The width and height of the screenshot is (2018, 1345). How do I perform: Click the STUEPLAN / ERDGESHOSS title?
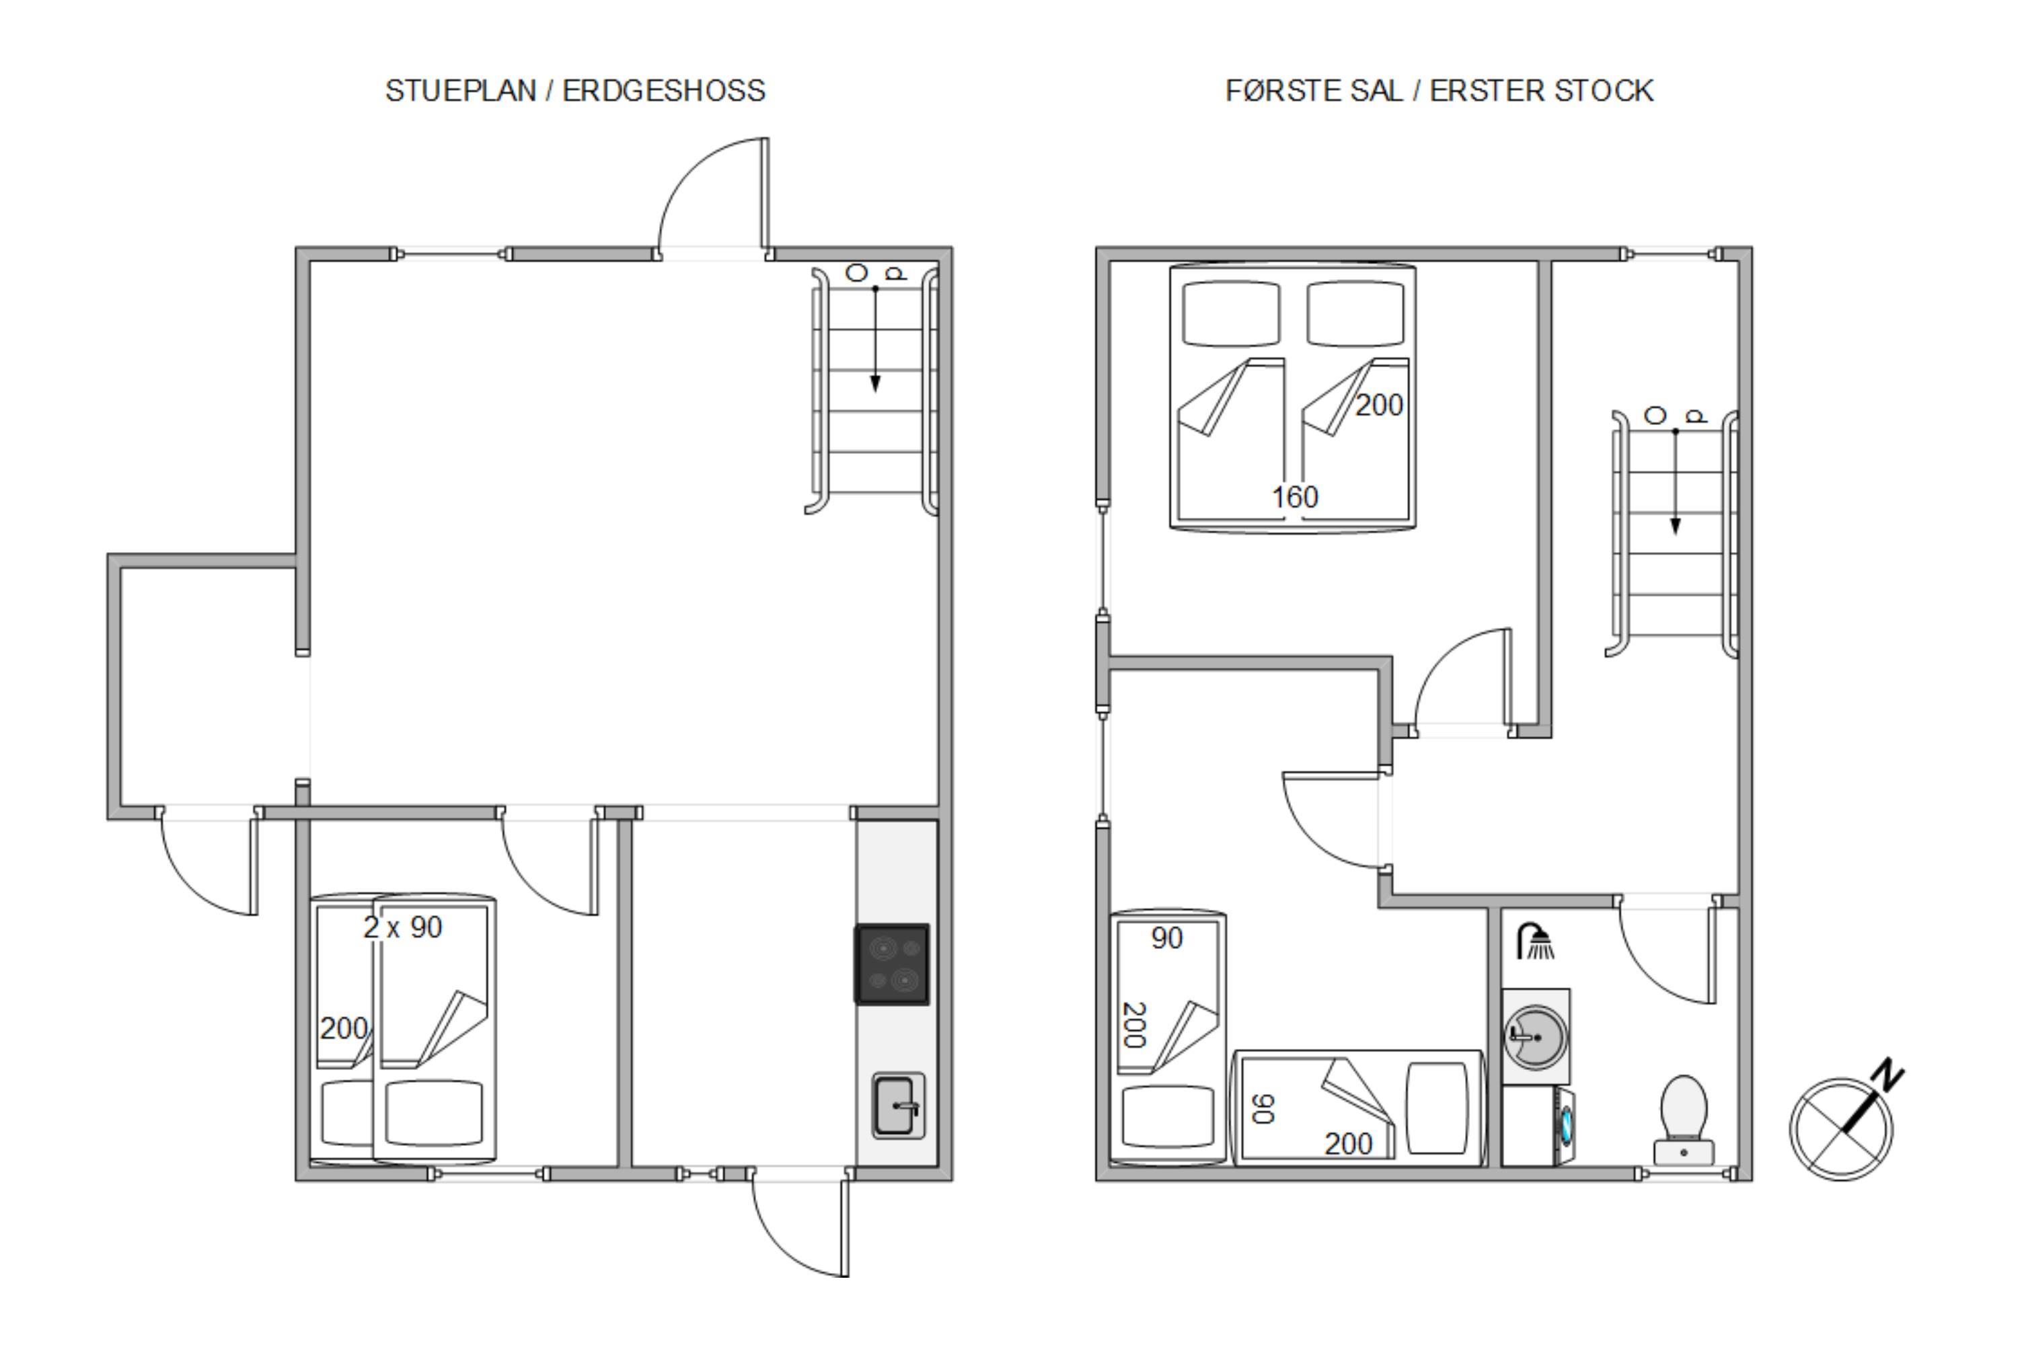point(575,91)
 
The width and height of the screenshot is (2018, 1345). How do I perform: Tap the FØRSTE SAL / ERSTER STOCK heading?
point(1439,91)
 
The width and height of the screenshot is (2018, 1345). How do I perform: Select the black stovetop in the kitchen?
point(891,963)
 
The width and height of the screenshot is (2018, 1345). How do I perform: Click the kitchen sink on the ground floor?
point(897,1106)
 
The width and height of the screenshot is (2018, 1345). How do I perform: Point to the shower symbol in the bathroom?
point(1536,941)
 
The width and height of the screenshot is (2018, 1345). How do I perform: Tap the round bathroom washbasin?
point(1536,1037)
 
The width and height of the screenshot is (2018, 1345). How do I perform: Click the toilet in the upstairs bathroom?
point(1684,1120)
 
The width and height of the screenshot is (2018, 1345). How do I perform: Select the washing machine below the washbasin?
point(1538,1127)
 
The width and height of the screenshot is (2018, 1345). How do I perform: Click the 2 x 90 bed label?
point(402,927)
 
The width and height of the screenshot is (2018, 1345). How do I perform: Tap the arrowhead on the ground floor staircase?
point(875,383)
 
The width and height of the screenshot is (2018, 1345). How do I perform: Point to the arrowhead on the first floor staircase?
point(1675,526)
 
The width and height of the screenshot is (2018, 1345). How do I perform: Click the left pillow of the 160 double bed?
point(1230,314)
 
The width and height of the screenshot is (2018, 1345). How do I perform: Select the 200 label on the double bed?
point(1379,405)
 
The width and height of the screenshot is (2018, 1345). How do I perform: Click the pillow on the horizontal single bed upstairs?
point(1436,1108)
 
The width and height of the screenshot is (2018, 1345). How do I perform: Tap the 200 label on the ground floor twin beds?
point(344,1028)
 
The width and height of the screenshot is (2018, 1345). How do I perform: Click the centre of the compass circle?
point(1841,1130)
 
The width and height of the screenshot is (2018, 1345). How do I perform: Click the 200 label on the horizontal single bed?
point(1348,1143)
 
